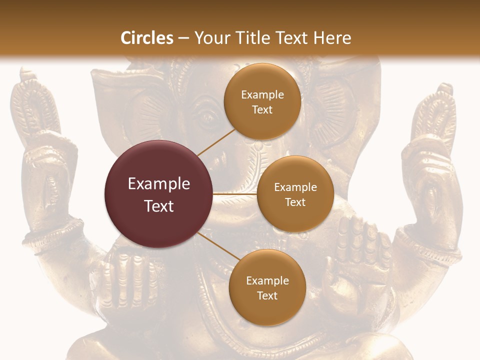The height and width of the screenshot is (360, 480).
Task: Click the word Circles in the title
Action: (147, 38)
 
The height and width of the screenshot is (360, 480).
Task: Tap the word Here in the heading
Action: (332, 38)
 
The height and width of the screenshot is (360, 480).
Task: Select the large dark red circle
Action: (158, 194)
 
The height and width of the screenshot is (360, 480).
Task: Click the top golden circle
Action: (262, 101)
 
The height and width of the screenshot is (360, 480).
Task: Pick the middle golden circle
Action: (295, 194)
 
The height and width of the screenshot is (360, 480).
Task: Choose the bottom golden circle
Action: (267, 287)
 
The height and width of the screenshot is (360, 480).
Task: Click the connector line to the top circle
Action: (216, 141)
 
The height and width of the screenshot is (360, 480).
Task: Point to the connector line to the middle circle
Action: (235, 193)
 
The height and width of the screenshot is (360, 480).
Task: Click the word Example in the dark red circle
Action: (158, 184)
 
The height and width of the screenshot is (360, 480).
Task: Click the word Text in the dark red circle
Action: (158, 206)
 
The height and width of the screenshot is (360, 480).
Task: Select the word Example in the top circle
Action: (262, 94)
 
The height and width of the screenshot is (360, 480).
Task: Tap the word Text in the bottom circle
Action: (267, 295)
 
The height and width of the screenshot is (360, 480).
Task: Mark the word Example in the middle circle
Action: (295, 187)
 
